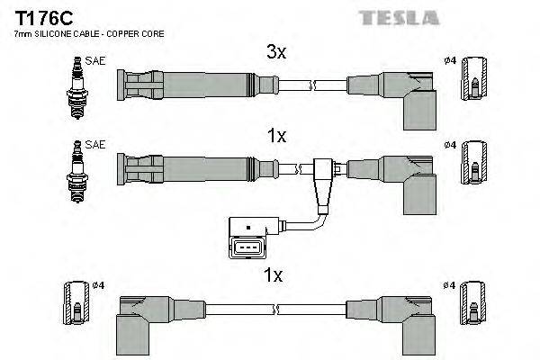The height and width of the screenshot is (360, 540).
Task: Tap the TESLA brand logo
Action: [399, 17]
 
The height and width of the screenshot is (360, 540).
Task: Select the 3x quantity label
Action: [277, 53]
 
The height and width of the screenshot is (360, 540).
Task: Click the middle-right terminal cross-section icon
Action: [474, 167]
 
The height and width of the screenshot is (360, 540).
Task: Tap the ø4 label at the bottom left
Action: [99, 285]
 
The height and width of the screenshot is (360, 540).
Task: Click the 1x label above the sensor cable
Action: [277, 137]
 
